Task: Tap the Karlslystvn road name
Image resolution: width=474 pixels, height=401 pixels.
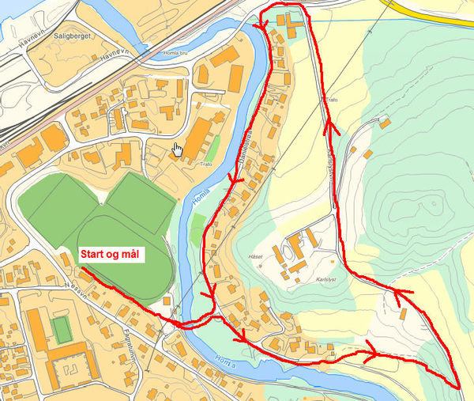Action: (x=329, y=166)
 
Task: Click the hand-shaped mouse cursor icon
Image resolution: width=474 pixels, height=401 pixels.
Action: (x=178, y=149)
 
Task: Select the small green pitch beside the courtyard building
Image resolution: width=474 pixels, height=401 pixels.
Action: (x=61, y=328)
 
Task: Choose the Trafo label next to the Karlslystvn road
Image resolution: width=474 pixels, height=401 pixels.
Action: (x=332, y=100)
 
